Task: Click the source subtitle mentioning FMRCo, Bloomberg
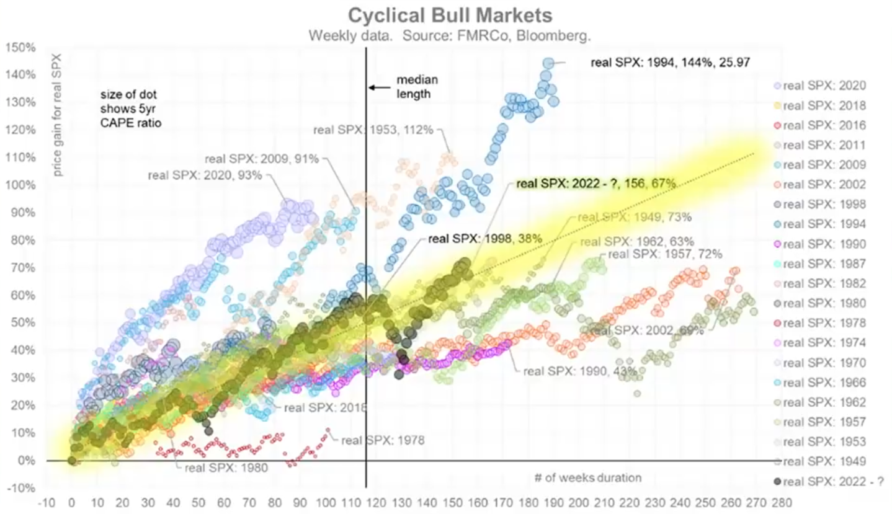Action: click(x=450, y=36)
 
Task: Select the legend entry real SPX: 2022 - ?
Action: click(x=828, y=481)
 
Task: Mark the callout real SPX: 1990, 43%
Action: click(x=579, y=371)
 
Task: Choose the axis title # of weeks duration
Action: click(x=587, y=477)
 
